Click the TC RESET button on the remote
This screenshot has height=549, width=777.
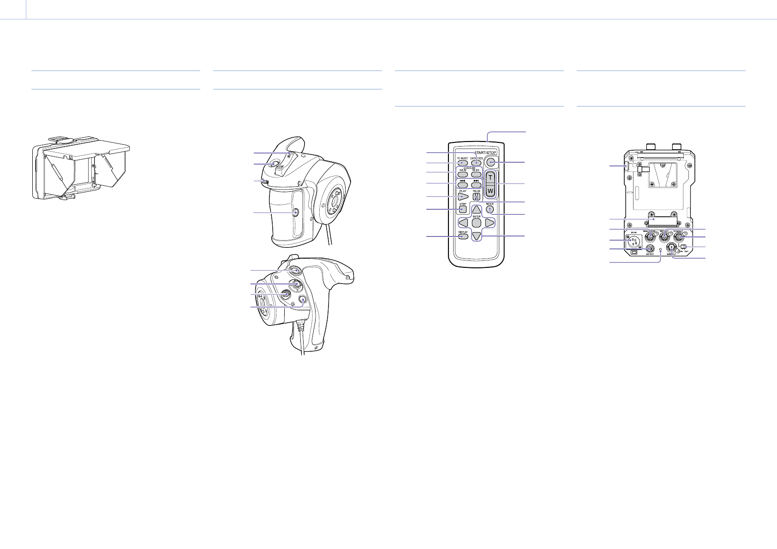point(462,163)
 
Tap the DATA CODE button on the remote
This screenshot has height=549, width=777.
point(476,163)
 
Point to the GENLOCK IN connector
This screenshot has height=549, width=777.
point(650,236)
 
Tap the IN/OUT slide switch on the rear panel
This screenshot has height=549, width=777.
point(684,247)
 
